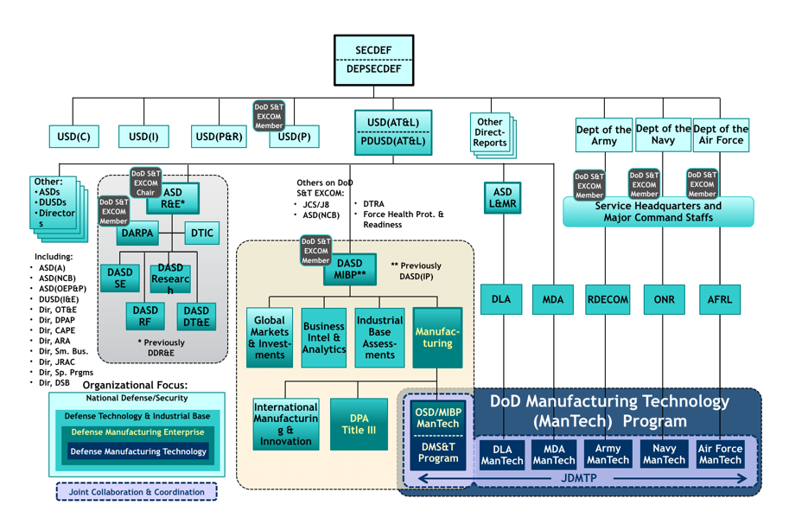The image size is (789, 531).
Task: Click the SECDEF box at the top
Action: pyautogui.click(x=373, y=50)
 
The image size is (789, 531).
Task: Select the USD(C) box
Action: pyautogui.click(x=73, y=136)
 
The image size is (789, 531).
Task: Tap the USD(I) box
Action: pyautogui.click(x=143, y=136)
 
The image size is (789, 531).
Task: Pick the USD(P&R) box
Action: pyautogui.click(x=219, y=136)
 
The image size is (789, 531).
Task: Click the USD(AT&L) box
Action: pyautogui.click(x=393, y=123)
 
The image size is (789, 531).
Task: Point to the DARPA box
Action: pyautogui.click(x=138, y=234)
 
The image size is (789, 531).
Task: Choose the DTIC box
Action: pyautogui.click(x=201, y=234)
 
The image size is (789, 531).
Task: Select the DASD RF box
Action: pyautogui.click(x=145, y=317)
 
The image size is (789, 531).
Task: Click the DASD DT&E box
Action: pyautogui.click(x=196, y=317)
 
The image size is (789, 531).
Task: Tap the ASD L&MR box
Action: pyautogui.click(x=502, y=198)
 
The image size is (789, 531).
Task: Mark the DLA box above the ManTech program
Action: pyautogui.click(x=501, y=299)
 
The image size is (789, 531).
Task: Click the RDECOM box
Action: pyautogui.click(x=608, y=299)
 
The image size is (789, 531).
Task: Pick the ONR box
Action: pyautogui.click(x=664, y=299)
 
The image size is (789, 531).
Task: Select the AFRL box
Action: pyautogui.click(x=719, y=299)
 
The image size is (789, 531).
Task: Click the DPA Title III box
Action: pyautogui.click(x=359, y=424)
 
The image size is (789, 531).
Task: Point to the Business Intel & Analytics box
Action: pyautogui.click(x=323, y=338)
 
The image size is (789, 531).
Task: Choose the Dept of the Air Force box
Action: pyautogui.click(x=721, y=135)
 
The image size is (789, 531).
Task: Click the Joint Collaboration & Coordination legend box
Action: pyautogui.click(x=137, y=492)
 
